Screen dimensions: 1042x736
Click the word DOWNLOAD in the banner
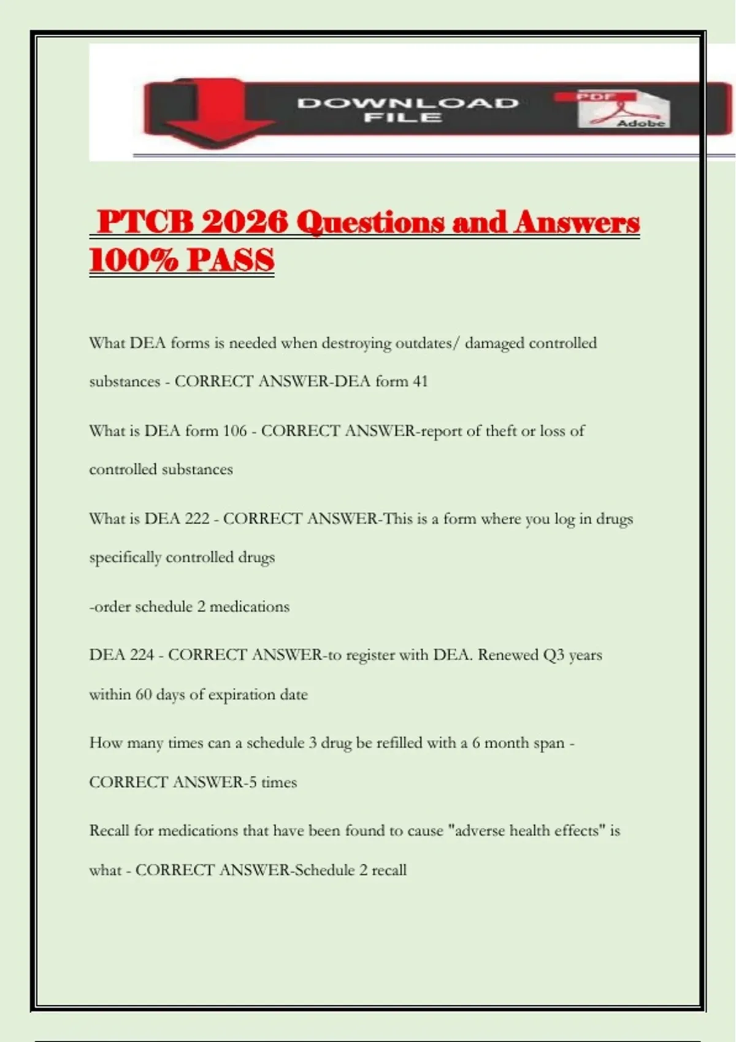(x=408, y=102)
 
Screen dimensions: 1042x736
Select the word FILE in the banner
(x=402, y=117)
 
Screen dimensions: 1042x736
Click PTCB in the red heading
(x=145, y=222)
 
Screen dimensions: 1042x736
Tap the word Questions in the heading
(x=370, y=222)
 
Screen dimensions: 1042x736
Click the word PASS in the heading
(x=231, y=260)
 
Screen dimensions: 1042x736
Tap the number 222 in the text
(x=197, y=519)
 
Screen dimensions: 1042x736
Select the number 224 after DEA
(x=142, y=655)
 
